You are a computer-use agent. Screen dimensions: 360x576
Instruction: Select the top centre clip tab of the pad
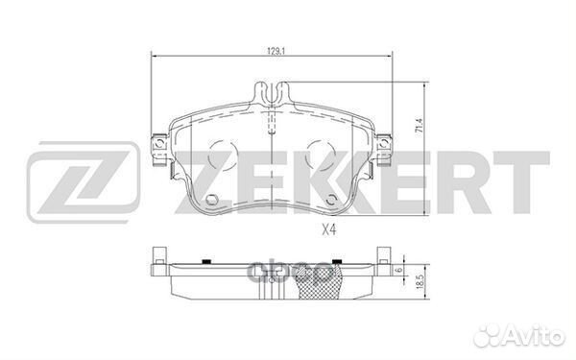(x=275, y=94)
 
